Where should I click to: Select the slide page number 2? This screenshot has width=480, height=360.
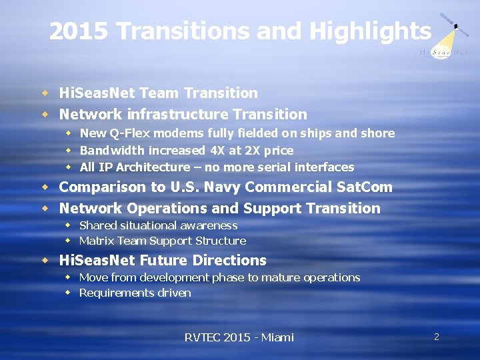(x=437, y=337)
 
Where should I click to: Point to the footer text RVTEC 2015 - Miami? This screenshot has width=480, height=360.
(x=239, y=337)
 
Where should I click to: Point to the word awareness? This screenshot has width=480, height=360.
(x=208, y=225)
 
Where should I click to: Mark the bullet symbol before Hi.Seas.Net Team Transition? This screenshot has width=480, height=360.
(x=45, y=93)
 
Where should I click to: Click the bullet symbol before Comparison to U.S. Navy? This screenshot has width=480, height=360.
(x=45, y=187)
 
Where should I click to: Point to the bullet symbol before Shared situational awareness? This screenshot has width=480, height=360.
(x=68, y=225)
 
